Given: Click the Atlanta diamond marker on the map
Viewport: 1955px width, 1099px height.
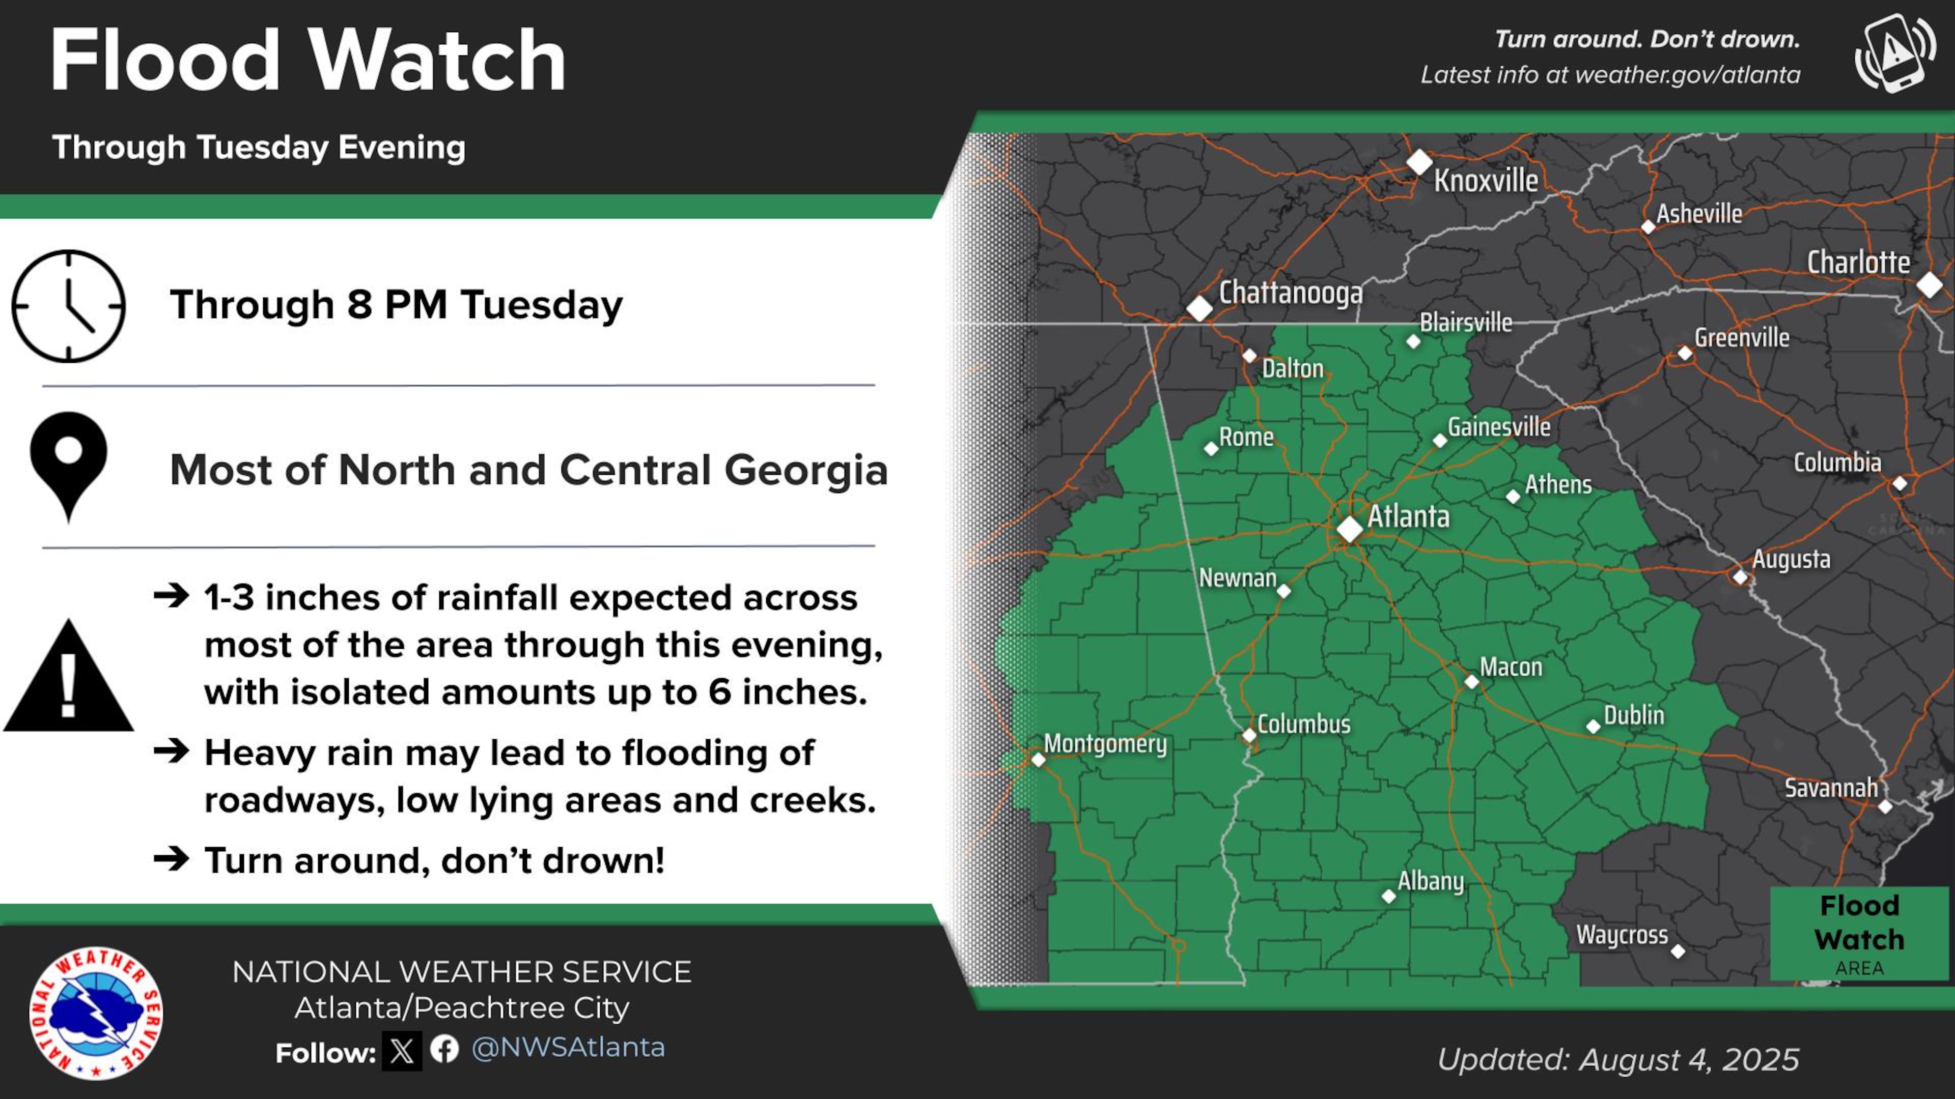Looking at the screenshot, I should click(1349, 529).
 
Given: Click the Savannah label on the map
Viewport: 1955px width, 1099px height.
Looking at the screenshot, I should click(1831, 789).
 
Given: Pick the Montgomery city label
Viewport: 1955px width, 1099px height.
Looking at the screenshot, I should click(1105, 744).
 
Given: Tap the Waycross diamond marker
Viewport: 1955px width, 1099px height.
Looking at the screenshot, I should click(1678, 951).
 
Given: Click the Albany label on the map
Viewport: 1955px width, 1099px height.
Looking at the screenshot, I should click(1431, 881).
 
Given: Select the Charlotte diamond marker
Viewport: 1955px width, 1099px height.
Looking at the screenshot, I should click(1929, 286).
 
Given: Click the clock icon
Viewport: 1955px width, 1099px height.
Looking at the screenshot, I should click(68, 306).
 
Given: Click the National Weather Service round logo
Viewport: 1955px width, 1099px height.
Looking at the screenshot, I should click(96, 1014).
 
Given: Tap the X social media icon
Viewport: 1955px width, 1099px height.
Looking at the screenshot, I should click(402, 1051).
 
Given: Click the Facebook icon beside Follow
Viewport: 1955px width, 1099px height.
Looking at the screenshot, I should click(445, 1049).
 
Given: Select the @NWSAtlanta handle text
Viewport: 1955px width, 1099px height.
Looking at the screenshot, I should click(568, 1048).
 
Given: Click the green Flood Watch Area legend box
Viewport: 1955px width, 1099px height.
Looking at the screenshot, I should click(1859, 934).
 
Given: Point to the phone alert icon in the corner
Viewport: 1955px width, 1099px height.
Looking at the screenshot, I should click(1894, 53).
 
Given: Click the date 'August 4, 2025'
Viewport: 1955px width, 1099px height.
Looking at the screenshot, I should click(1689, 1059).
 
